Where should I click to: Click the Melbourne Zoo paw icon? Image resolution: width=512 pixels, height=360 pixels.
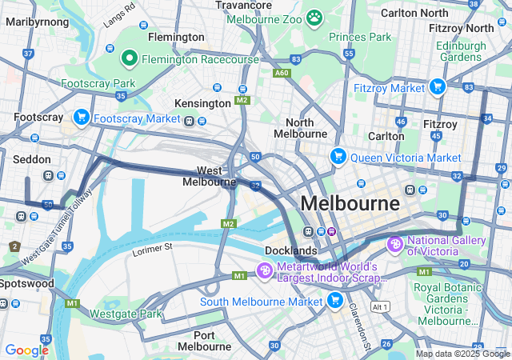pyautogui.click(x=314, y=17)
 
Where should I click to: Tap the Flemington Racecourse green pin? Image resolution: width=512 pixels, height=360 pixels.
pyautogui.click(x=130, y=58)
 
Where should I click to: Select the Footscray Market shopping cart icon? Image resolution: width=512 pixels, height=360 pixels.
pyautogui.click(x=81, y=118)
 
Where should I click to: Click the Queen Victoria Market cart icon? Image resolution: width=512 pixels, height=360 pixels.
pyautogui.click(x=338, y=156)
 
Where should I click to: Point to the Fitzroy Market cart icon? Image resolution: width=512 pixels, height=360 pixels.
pyautogui.click(x=437, y=86)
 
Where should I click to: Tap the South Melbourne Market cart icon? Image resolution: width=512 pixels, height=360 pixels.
pyautogui.click(x=335, y=301)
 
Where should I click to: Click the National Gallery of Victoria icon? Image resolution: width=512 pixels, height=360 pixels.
pyautogui.click(x=394, y=243)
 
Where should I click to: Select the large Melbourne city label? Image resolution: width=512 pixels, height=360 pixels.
pyautogui.click(x=350, y=203)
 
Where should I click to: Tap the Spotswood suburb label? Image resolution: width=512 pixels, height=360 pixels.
pyautogui.click(x=27, y=283)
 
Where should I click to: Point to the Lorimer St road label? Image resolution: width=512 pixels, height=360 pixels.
pyautogui.click(x=152, y=250)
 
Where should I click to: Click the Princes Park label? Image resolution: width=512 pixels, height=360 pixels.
pyautogui.click(x=360, y=37)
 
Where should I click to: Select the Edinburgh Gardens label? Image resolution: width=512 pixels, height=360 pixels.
pyautogui.click(x=461, y=51)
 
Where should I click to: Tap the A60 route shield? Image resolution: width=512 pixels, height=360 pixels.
pyautogui.click(x=281, y=72)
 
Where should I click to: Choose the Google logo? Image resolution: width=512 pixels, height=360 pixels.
pyautogui.click(x=26, y=350)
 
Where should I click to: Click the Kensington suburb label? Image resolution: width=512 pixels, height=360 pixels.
pyautogui.click(x=202, y=103)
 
